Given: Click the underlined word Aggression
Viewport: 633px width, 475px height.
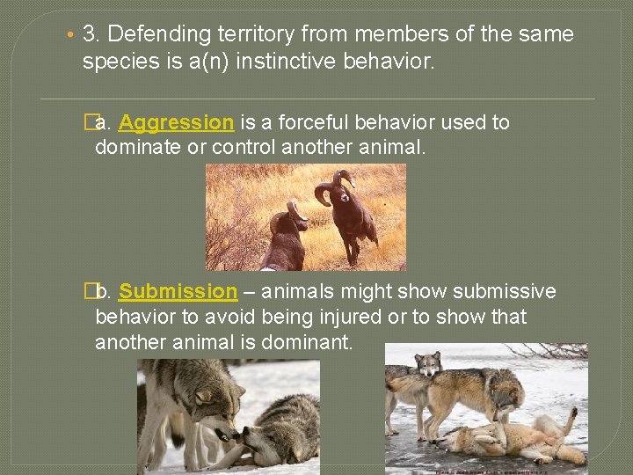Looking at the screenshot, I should tap(176, 122).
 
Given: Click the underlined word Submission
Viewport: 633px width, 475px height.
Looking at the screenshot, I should tap(178, 291).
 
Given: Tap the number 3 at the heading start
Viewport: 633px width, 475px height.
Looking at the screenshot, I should tap(88, 35).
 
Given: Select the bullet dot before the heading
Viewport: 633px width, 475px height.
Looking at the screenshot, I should tap(70, 35).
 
